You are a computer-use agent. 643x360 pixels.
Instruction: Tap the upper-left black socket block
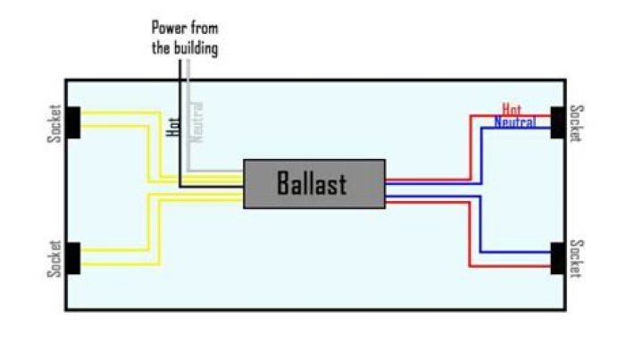pos(73,122)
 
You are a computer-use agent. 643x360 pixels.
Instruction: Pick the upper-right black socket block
pos(561,122)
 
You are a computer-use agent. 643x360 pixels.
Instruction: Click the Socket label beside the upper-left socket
pos(54,122)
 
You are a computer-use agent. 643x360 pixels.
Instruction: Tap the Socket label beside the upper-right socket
pos(578,124)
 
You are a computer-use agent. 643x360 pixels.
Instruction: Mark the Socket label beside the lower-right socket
pos(578,258)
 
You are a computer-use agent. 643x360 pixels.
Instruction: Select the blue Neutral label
pos(514,121)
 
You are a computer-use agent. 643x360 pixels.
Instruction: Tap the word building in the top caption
pos(196,48)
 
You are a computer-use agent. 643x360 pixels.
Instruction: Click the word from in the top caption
pos(205,29)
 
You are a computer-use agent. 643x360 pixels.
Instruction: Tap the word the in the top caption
pos(161,48)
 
